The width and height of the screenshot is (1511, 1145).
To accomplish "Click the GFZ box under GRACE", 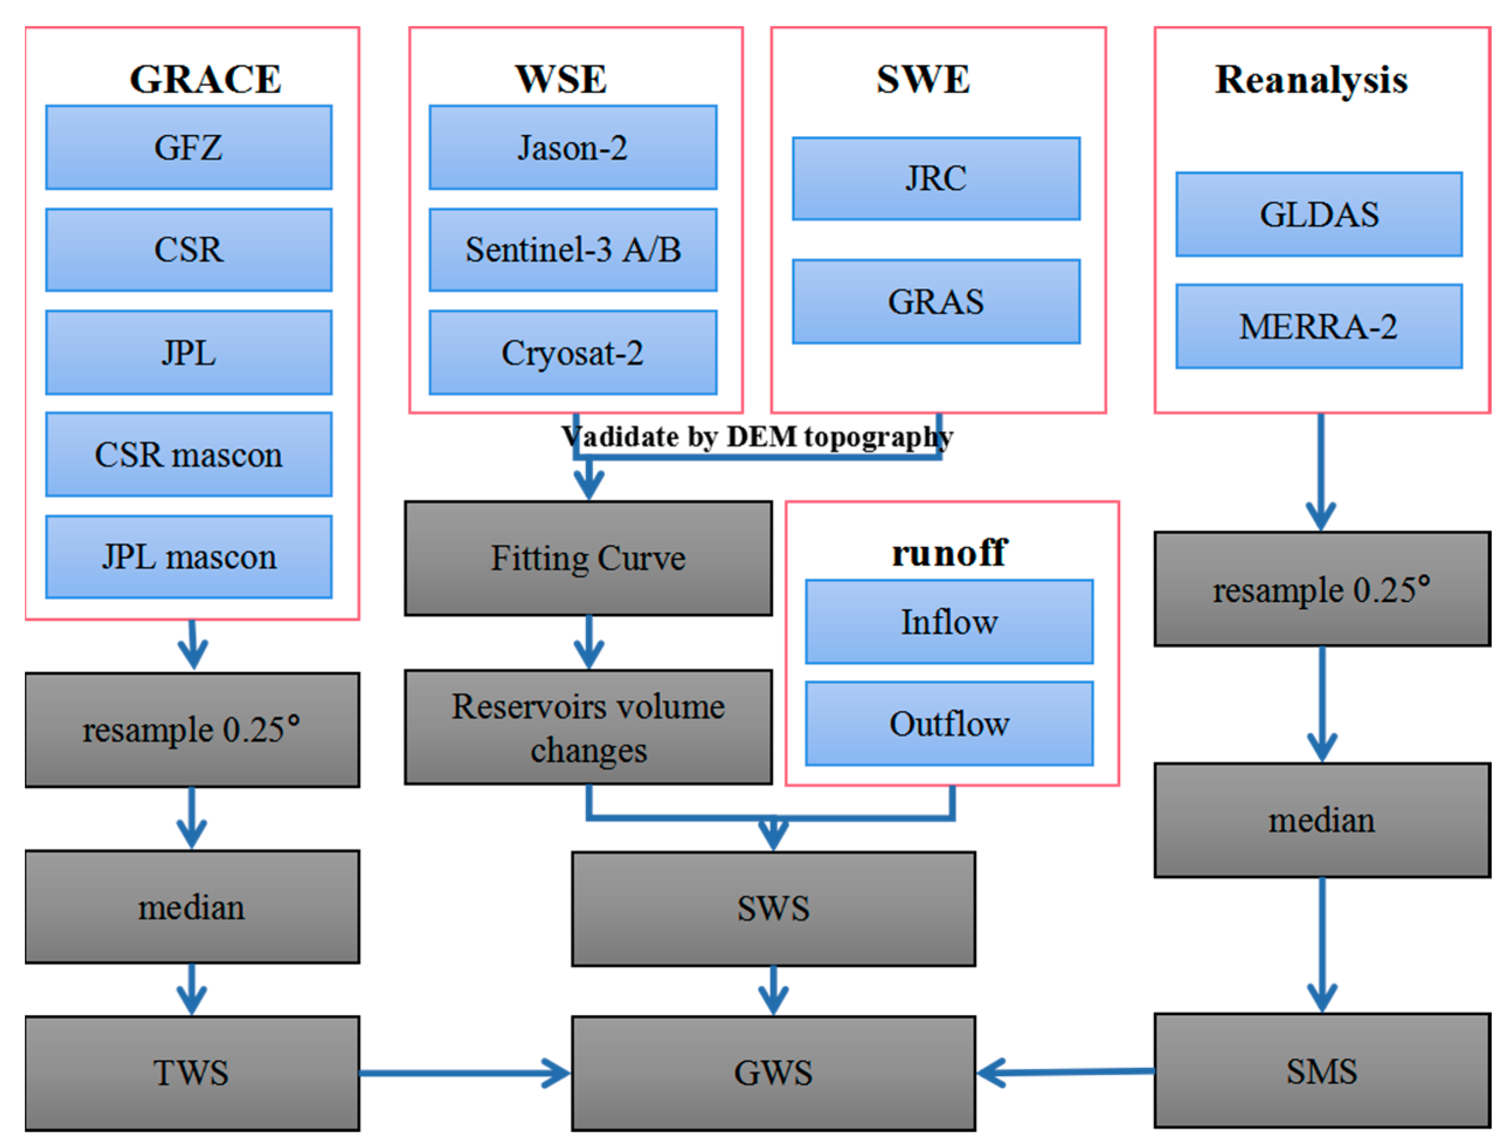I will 189,147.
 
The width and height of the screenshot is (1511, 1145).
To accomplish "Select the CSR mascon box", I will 189,454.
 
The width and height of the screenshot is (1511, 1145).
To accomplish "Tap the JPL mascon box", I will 189,557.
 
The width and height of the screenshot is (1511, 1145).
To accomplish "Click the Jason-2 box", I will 573,147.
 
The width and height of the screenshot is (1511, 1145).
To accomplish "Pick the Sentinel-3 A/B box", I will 573,250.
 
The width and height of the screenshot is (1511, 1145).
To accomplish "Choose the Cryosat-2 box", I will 573,352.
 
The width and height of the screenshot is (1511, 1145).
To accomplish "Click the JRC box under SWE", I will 936,179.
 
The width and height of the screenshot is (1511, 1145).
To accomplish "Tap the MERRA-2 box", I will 1318,327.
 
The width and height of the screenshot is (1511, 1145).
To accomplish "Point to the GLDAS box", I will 1318,215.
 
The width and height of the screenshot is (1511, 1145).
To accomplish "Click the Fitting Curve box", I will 588,558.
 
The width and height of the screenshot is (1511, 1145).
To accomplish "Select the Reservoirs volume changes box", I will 588,727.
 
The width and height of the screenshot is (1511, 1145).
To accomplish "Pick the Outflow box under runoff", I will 949,724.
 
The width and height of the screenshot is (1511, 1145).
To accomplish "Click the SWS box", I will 773,909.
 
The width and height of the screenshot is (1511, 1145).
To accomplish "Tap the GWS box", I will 773,1073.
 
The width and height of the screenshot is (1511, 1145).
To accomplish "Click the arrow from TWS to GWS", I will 465,1073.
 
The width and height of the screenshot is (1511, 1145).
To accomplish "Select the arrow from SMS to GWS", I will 1066,1072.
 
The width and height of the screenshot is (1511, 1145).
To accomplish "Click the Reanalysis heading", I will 1311,80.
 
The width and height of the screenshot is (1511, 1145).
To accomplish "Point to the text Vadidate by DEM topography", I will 757,437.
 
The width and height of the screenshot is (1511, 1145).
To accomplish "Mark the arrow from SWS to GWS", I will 773,991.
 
